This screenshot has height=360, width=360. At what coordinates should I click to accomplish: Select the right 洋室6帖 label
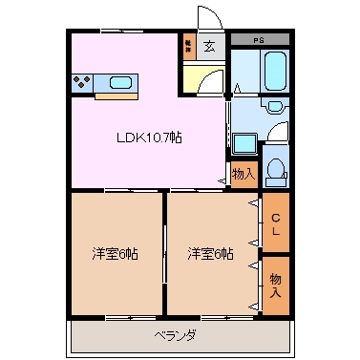pyautogui.click(x=210, y=253)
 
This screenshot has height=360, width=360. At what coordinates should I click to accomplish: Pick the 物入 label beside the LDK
pyautogui.click(x=243, y=174)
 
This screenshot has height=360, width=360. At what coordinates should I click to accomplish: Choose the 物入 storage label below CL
pyautogui.click(x=275, y=284)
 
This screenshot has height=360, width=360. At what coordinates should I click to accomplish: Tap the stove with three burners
pyautogui.click(x=83, y=82)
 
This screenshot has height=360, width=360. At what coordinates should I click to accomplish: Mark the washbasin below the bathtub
pyautogui.click(x=275, y=106)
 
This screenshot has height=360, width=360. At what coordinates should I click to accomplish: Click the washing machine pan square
pyautogui.click(x=244, y=144)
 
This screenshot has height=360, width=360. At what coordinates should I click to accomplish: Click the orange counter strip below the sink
pyautogui.click(x=117, y=95)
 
